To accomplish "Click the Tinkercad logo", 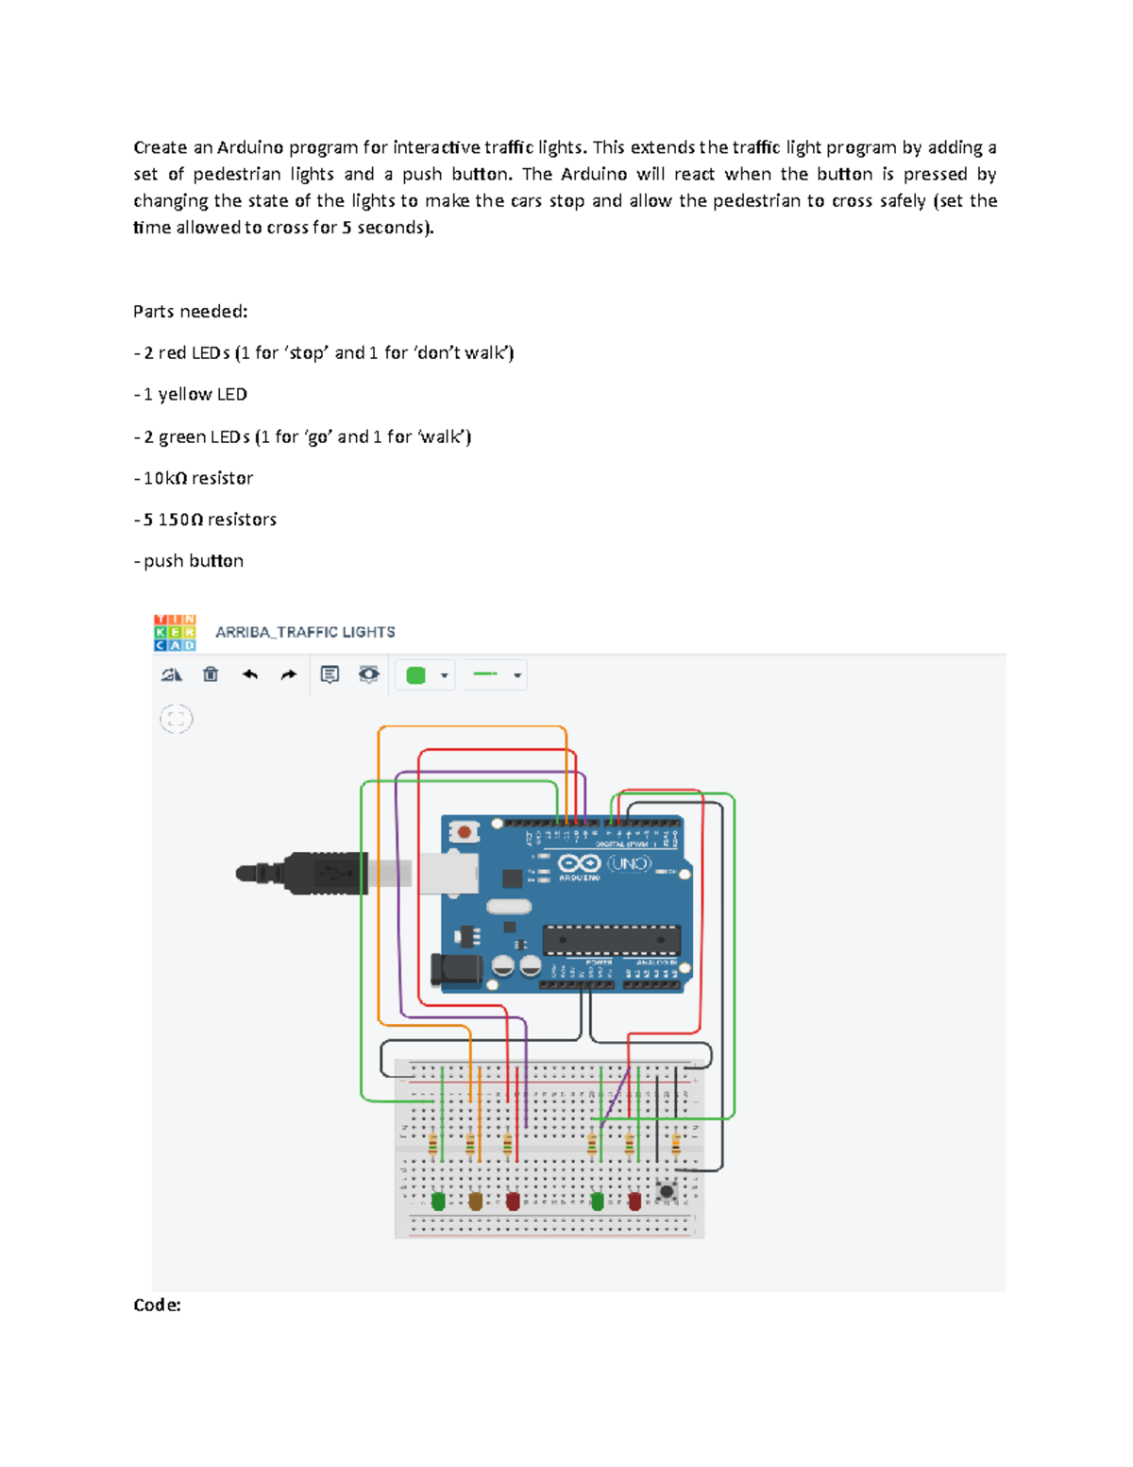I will tap(175, 632).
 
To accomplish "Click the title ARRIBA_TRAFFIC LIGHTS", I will tap(305, 632).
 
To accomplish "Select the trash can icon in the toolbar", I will tap(211, 674).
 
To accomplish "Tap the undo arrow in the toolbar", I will tap(250, 674).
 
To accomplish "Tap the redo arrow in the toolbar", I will tap(289, 674).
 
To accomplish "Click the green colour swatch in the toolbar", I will tap(415, 675).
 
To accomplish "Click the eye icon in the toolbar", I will tap(369, 674).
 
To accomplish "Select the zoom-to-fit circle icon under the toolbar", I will tap(177, 720).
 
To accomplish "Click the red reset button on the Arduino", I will tap(464, 832).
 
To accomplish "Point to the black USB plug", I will tap(312, 874).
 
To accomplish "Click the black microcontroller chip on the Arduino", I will tap(611, 940).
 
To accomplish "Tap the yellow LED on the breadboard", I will tap(475, 1202).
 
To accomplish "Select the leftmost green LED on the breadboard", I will tap(438, 1202).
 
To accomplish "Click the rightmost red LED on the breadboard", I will tap(634, 1202).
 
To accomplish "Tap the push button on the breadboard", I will tap(667, 1191).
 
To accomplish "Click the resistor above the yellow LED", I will tap(470, 1145).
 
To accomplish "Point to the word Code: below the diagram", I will tap(157, 1305).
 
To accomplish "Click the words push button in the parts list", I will tap(194, 561).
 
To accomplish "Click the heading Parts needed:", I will tap(190, 312).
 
